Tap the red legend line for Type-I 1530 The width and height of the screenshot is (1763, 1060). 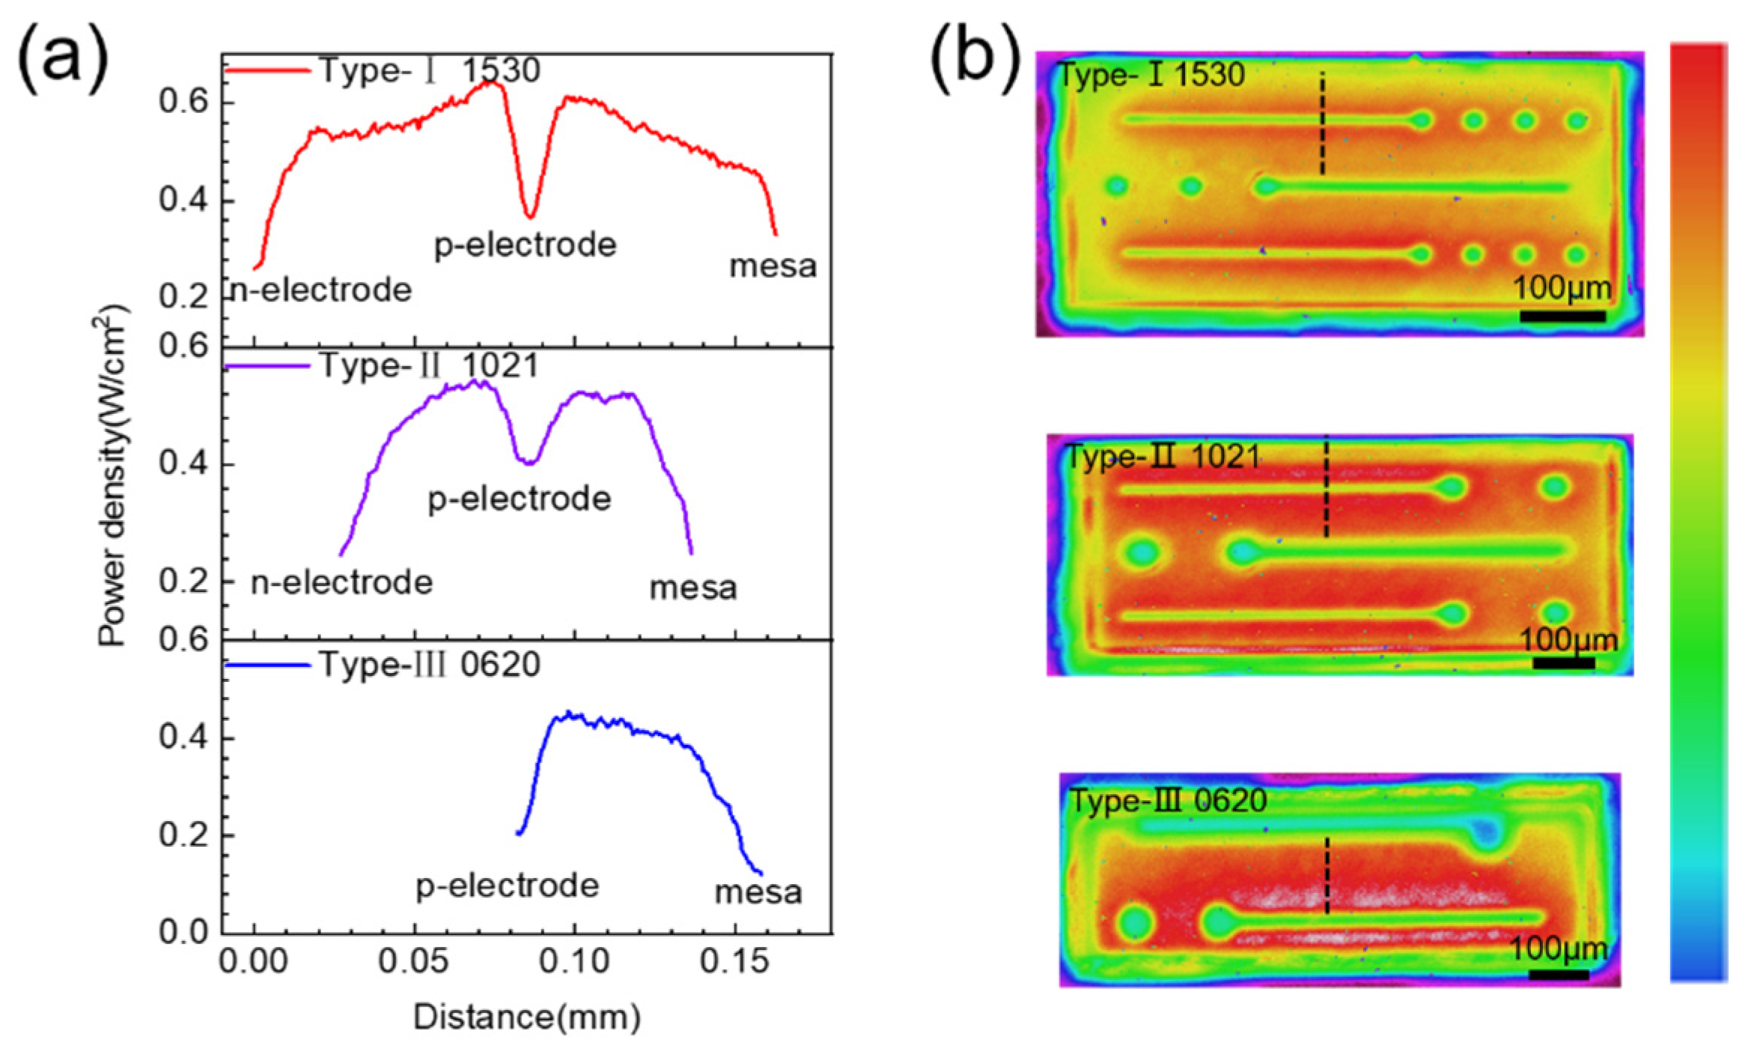(x=267, y=71)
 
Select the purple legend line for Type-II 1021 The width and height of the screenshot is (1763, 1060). (x=267, y=366)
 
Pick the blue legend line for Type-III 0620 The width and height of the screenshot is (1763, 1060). (x=267, y=665)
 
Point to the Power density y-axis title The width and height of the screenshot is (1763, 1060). (x=113, y=475)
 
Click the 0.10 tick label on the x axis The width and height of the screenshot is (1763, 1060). (x=574, y=961)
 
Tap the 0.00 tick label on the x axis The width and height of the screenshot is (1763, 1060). (x=253, y=961)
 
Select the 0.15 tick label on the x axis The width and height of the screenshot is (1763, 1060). (x=734, y=961)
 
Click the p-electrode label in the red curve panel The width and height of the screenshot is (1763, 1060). (x=525, y=246)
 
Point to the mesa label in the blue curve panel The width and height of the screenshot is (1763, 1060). (x=758, y=892)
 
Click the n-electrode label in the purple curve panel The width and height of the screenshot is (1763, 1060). (x=341, y=582)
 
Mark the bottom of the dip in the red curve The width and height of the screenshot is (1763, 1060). (x=530, y=216)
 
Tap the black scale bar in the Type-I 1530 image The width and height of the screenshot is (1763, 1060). (x=1562, y=317)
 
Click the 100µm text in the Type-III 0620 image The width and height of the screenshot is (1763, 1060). (x=1558, y=949)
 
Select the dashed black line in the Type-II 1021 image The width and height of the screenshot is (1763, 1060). (x=1326, y=487)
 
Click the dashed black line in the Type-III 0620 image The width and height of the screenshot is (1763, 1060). (x=1327, y=876)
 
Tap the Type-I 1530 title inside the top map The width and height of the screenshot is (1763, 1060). (x=1150, y=75)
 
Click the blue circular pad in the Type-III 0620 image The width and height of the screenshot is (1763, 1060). (x=1487, y=831)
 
